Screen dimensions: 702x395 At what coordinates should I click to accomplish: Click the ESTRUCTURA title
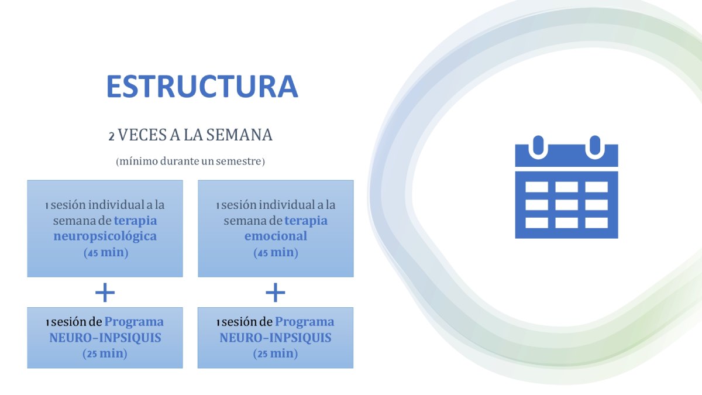click(202, 87)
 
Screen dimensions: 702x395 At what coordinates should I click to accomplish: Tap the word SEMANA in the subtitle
click(239, 135)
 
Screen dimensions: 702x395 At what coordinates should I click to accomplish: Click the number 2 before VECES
click(112, 137)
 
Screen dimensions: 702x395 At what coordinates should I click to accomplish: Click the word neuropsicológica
click(105, 236)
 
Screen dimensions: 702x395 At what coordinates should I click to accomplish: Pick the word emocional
click(276, 236)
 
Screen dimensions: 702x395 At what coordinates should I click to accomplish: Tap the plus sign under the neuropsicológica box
click(105, 293)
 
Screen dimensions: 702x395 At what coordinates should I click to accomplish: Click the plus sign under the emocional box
click(276, 293)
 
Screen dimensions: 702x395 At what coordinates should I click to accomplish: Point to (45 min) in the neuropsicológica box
click(106, 252)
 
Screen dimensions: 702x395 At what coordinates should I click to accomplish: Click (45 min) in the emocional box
click(276, 252)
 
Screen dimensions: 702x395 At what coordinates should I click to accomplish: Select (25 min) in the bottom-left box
click(105, 353)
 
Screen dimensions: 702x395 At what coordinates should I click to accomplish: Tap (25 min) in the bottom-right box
click(276, 353)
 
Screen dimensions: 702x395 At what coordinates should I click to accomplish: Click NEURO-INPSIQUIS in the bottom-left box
click(105, 338)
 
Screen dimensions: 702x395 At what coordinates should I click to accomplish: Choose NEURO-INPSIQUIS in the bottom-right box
click(276, 338)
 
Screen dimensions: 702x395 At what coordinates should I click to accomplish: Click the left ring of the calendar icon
click(538, 147)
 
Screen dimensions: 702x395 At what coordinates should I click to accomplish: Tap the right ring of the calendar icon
click(595, 147)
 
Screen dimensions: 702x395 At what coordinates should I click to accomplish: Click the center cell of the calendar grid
click(567, 205)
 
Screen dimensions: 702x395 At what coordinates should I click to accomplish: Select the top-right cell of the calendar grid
click(596, 187)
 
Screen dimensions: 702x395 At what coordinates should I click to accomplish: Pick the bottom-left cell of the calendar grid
click(537, 223)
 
